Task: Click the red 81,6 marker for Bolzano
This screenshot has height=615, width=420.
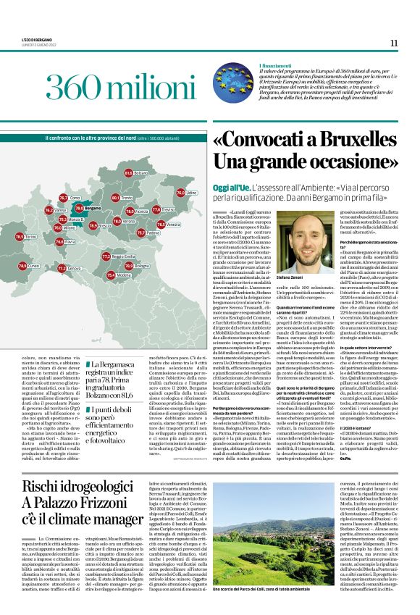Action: pyautogui.click(x=128, y=173)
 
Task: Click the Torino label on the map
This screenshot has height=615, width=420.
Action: pyautogui.click(x=31, y=236)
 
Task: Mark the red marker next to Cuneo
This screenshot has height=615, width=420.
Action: pyautogui.click(x=20, y=266)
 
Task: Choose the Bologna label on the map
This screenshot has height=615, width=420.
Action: pyautogui.click(x=142, y=266)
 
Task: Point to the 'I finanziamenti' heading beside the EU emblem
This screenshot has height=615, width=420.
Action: pyautogui.click(x=277, y=65)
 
